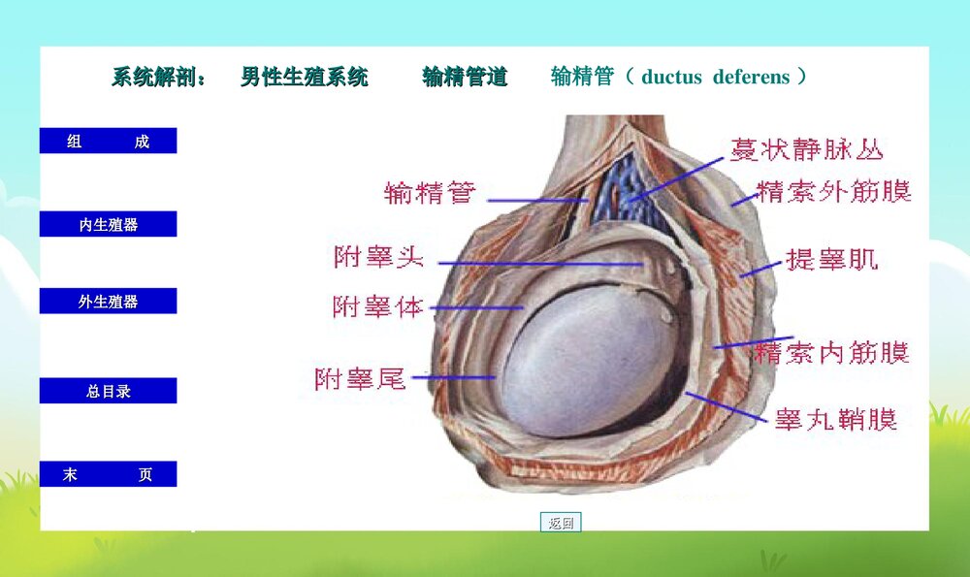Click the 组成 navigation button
(108, 142)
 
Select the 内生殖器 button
(108, 225)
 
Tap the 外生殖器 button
(108, 302)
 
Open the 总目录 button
(108, 392)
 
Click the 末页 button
(108, 475)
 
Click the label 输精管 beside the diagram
(430, 192)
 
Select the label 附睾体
(378, 307)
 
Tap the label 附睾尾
(360, 378)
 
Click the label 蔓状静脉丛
(807, 148)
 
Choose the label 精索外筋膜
(833, 191)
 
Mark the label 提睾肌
(831, 259)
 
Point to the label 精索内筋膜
(831, 352)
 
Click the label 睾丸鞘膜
(835, 419)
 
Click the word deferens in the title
(752, 77)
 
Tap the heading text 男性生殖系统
(305, 78)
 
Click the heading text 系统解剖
(156, 78)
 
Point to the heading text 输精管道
(465, 78)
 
